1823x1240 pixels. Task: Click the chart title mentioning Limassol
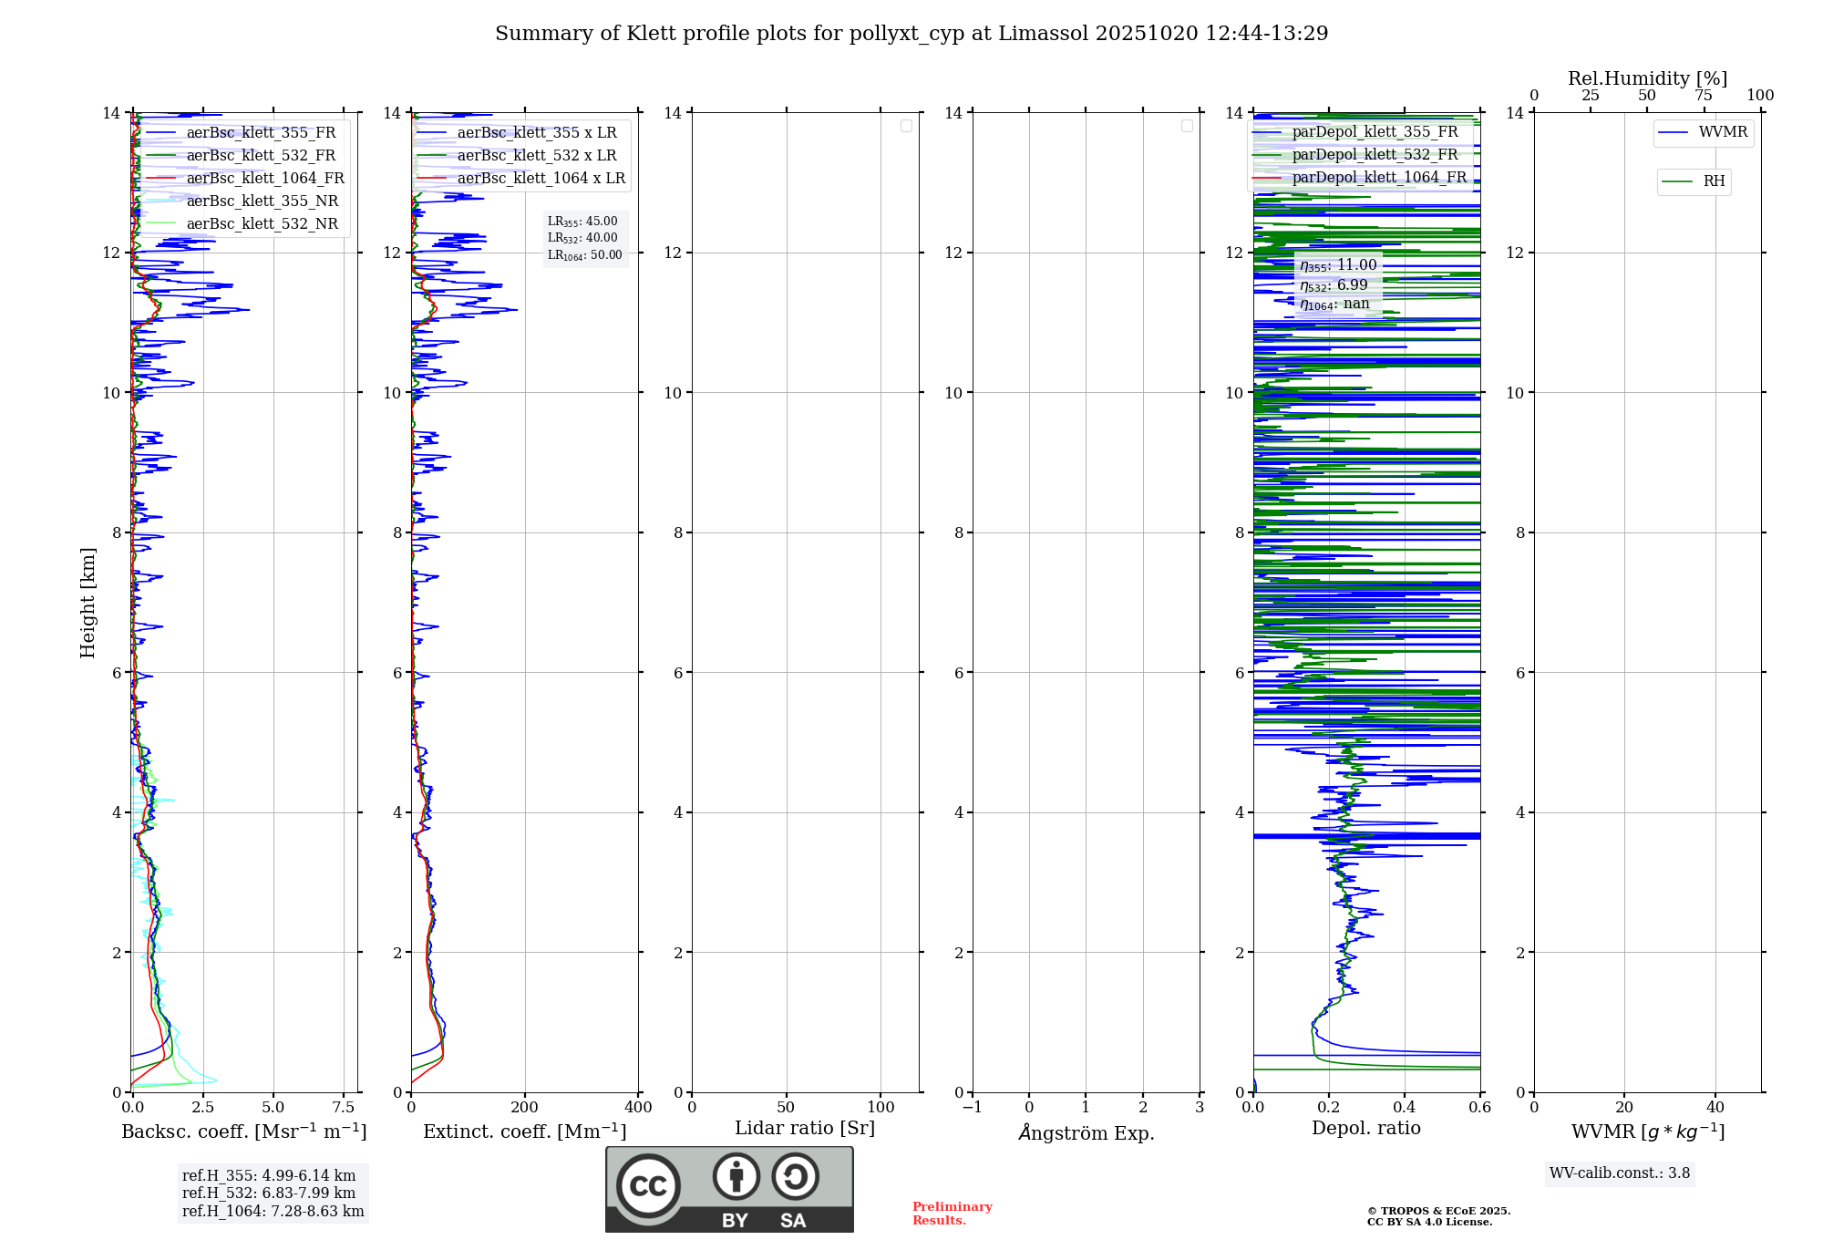911,34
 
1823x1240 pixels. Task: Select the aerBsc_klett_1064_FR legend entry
265,178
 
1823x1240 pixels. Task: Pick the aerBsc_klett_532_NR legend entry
262,223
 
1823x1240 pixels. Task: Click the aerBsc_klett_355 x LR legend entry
536,132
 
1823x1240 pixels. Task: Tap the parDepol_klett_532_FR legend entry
1375,154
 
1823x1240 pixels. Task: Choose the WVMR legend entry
1723,132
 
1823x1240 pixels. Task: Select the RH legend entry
1714,181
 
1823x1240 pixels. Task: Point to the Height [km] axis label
88,603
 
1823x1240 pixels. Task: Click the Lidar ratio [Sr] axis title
805,1128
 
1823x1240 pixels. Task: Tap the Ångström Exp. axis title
1086,1132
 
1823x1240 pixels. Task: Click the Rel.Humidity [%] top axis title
1647,78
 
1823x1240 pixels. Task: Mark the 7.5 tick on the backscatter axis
344,1107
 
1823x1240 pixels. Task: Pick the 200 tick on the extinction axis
525,1107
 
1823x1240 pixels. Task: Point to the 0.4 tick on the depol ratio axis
1405,1107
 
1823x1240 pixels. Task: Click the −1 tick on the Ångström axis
973,1107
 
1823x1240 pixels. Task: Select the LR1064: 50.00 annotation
585,255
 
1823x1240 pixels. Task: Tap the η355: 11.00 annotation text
1338,265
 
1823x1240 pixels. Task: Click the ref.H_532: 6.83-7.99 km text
269,1193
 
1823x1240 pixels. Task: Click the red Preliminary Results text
952,1213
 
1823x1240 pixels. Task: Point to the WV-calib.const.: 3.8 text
1620,1173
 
